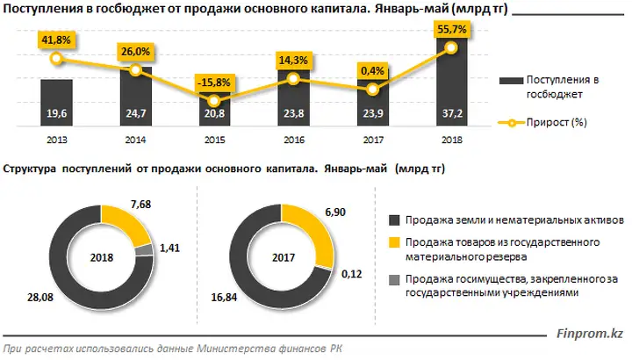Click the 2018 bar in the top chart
pyautogui.click(x=452, y=81)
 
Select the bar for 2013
pyautogui.click(x=56, y=103)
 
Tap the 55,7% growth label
pyautogui.click(x=452, y=29)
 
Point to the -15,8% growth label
pyautogui.click(x=214, y=83)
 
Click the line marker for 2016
pyautogui.click(x=293, y=79)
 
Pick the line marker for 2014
pyautogui.click(x=136, y=69)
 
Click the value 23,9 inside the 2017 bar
pyautogui.click(x=373, y=113)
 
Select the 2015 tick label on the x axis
pyautogui.click(x=214, y=140)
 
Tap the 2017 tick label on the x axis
pyautogui.click(x=373, y=140)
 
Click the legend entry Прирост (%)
pyautogui.click(x=542, y=122)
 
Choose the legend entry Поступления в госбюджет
pyautogui.click(x=549, y=87)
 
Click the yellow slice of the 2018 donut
pyautogui.click(x=124, y=223)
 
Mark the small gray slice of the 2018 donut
pyautogui.click(x=144, y=250)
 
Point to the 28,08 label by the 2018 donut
pyautogui.click(x=40, y=298)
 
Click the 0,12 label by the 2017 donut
pyautogui.click(x=351, y=274)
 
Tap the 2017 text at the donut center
pyautogui.click(x=284, y=257)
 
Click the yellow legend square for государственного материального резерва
pyautogui.click(x=394, y=242)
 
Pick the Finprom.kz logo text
pyautogui.click(x=590, y=334)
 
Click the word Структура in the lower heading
pyautogui.click(x=30, y=169)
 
